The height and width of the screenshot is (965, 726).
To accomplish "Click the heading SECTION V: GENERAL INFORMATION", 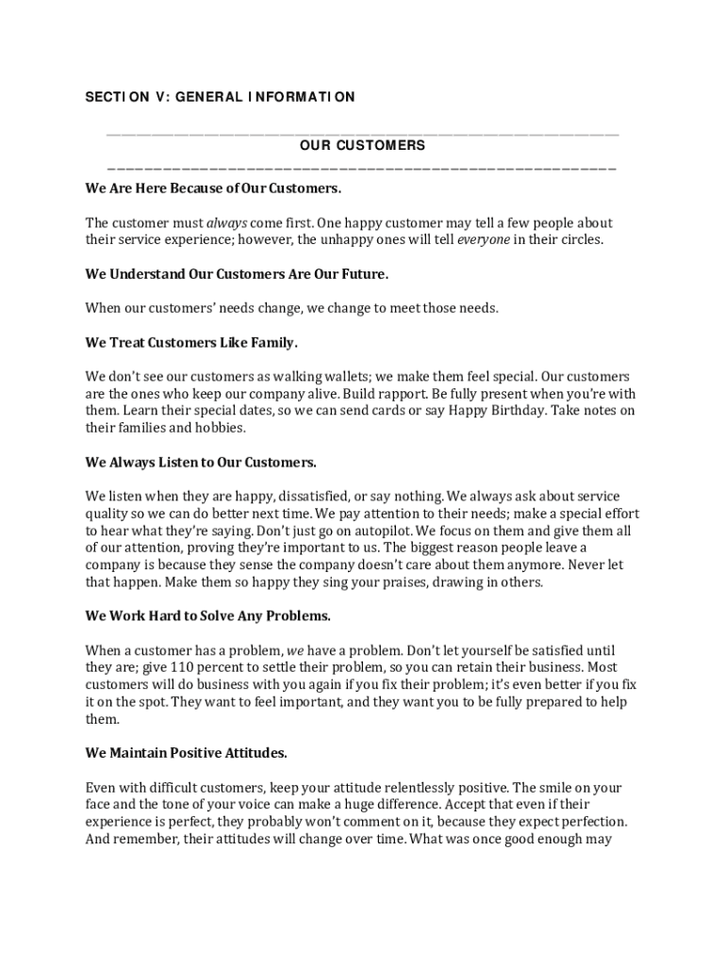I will pos(220,97).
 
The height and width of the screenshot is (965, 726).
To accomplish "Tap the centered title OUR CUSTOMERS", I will pos(363,146).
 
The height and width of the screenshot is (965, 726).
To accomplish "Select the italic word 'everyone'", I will pos(484,239).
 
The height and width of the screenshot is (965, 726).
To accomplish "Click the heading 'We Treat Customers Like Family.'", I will pos(191,342).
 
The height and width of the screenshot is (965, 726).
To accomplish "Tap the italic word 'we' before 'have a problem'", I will pos(295,650).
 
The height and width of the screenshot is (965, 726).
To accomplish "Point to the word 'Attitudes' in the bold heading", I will pos(253,753).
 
